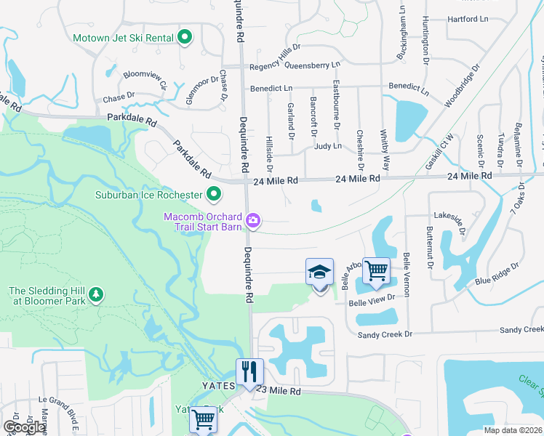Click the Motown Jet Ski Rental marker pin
[x=185, y=37]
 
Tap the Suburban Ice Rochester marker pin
[x=214, y=195]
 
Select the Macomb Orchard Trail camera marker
[x=253, y=219]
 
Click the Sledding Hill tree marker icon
[x=95, y=295]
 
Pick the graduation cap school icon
[x=319, y=272]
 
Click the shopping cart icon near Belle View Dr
[x=376, y=271]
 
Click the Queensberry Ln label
[x=313, y=65]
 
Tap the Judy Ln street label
[x=328, y=146]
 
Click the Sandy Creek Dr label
[x=385, y=334]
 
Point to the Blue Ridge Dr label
[x=497, y=274]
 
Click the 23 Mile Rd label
[x=280, y=391]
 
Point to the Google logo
[x=24, y=427]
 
